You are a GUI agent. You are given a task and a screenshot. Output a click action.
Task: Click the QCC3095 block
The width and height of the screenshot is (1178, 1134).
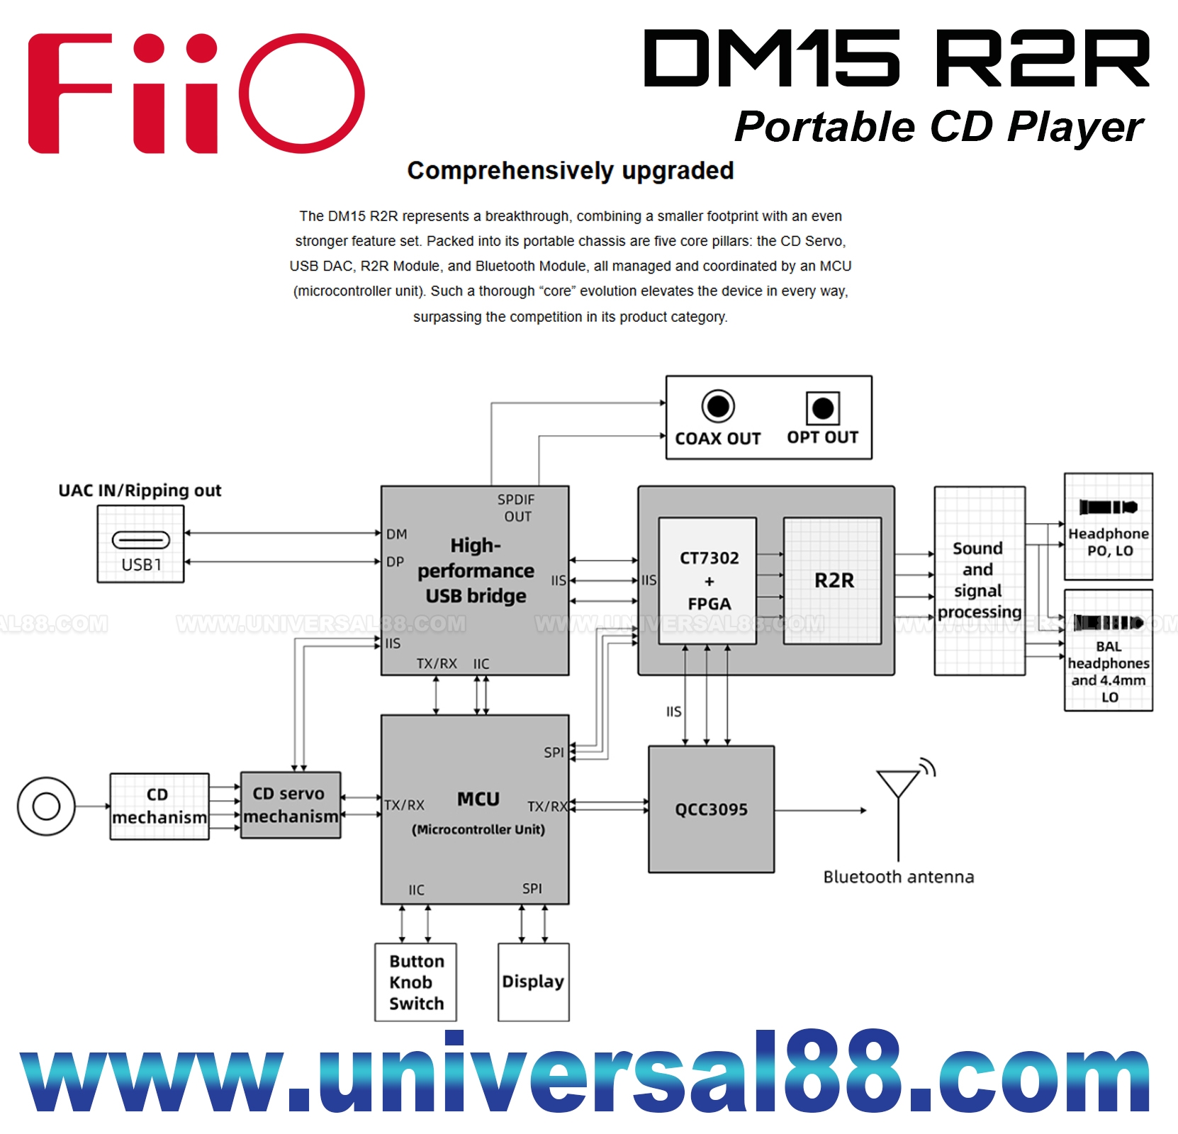click(x=711, y=809)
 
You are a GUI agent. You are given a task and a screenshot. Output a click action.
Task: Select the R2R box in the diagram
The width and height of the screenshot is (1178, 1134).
click(x=833, y=580)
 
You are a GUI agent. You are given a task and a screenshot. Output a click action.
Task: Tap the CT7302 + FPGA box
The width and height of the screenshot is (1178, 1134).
click(x=708, y=580)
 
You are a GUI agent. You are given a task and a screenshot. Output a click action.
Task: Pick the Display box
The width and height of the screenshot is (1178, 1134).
click(x=533, y=982)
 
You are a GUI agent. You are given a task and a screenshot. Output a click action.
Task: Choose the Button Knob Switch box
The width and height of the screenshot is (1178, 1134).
click(x=415, y=982)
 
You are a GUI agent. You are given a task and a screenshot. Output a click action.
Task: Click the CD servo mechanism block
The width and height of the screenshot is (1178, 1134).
click(x=291, y=805)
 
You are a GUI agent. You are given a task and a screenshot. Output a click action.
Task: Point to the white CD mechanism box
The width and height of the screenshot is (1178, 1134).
click(x=159, y=807)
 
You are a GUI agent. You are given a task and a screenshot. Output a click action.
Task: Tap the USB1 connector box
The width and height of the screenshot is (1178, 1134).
click(x=140, y=544)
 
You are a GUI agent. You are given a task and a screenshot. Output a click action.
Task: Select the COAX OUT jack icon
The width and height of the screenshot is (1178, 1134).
click(x=718, y=407)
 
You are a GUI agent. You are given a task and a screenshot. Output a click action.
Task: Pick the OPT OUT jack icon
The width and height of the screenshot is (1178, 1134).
click(x=822, y=408)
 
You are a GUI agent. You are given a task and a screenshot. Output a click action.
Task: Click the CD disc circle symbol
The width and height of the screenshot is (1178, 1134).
click(x=46, y=807)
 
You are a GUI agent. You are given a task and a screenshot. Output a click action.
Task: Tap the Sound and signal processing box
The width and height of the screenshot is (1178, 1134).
click(x=979, y=580)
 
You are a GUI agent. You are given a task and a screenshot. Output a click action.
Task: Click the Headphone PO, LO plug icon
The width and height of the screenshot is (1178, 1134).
click(x=1108, y=507)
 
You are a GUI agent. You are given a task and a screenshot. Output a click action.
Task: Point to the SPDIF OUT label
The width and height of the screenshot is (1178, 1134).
click(x=516, y=508)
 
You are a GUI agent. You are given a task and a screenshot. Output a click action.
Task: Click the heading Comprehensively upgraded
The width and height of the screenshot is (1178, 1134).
click(x=570, y=171)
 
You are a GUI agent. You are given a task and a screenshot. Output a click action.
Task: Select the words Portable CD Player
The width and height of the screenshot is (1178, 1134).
click(x=938, y=127)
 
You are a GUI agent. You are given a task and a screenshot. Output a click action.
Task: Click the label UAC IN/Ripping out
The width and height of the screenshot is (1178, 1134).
click(x=140, y=490)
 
